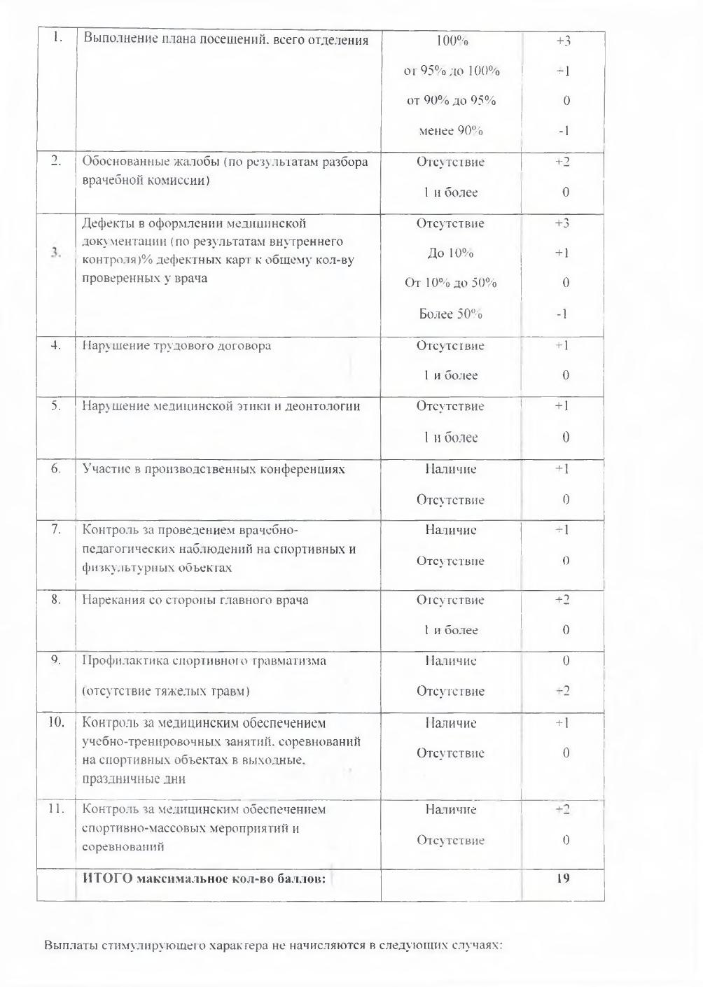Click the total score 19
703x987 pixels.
click(563, 877)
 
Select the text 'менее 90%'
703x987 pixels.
click(451, 131)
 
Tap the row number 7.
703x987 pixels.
click(56, 529)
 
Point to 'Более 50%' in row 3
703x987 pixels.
click(451, 314)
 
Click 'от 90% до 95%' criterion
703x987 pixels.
click(451, 101)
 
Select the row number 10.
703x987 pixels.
click(56, 722)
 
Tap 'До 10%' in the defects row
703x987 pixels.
click(451, 253)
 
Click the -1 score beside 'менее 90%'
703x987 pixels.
click(563, 131)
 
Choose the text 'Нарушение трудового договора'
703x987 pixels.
click(176, 346)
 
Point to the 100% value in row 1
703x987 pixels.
click(452, 41)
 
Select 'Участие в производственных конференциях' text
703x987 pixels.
click(214, 469)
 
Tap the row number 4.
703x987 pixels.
click(56, 345)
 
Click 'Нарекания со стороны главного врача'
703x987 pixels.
click(195, 600)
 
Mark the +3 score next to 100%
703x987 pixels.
click(563, 41)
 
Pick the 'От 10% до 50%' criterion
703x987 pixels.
click(451, 283)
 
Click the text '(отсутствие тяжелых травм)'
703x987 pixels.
click(166, 692)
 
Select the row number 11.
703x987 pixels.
click(56, 808)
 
